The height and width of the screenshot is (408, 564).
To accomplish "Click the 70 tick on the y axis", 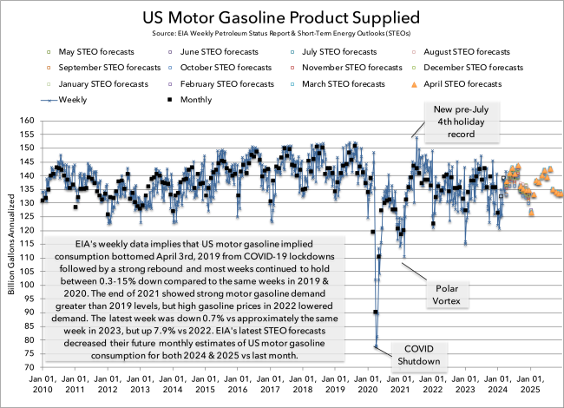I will [28, 367].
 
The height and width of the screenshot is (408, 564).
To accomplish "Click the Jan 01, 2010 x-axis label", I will [43, 384].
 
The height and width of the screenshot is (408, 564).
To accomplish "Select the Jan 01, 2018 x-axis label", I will [304, 384].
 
